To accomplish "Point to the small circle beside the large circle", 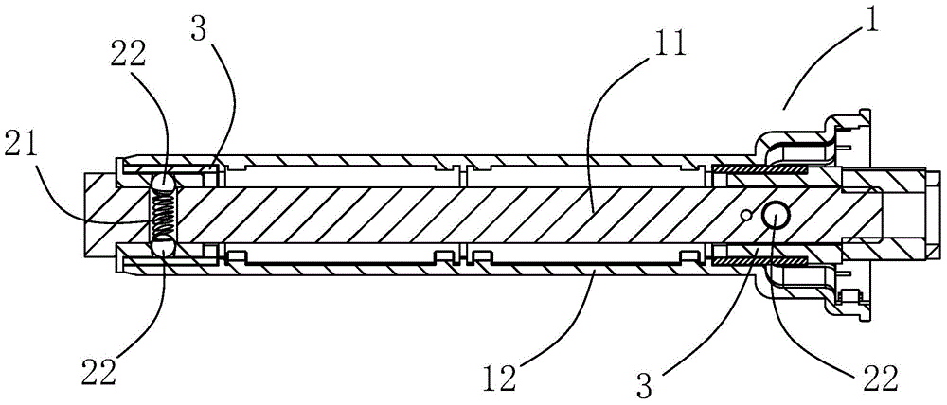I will pyautogui.click(x=749, y=215).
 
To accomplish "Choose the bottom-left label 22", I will pyautogui.click(x=98, y=372).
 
